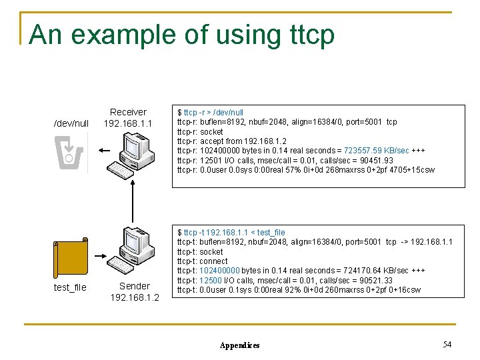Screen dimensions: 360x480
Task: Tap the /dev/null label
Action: [x=71, y=123]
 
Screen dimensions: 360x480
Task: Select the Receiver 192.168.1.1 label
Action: [x=128, y=118]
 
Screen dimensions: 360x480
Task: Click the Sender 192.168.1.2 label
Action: [x=135, y=291]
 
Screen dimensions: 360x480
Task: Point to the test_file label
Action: [x=71, y=287]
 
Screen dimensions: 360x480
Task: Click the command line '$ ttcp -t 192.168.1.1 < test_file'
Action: [x=231, y=233]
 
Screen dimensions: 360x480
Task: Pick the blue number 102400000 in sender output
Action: [x=219, y=271]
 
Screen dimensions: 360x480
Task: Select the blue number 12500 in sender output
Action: [x=211, y=280]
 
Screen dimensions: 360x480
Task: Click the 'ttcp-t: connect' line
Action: [x=202, y=261]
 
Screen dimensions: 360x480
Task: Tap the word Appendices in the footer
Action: [x=239, y=345]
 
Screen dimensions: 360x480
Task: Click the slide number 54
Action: [x=447, y=344]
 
